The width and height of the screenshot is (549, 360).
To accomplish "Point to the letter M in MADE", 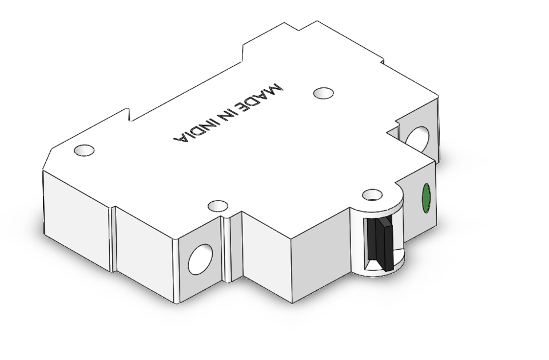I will pos(275,90).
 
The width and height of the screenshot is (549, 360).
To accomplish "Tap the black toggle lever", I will pos(381,243).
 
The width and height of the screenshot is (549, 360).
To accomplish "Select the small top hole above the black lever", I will pos(373,194).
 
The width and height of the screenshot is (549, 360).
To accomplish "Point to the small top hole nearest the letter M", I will pos(324,93).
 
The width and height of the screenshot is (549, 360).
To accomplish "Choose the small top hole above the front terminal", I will pos(218,205).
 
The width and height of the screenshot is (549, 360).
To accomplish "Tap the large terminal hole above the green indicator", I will pos(417,138).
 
